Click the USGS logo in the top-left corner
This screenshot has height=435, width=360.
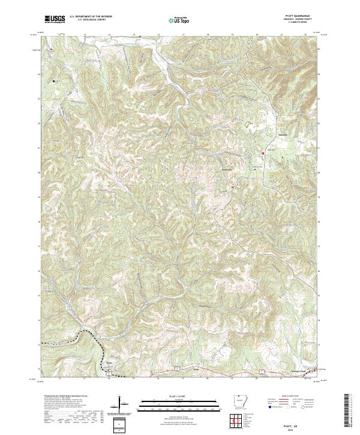tap(55, 19)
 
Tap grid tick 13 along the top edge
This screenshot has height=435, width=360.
tap(85, 35)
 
